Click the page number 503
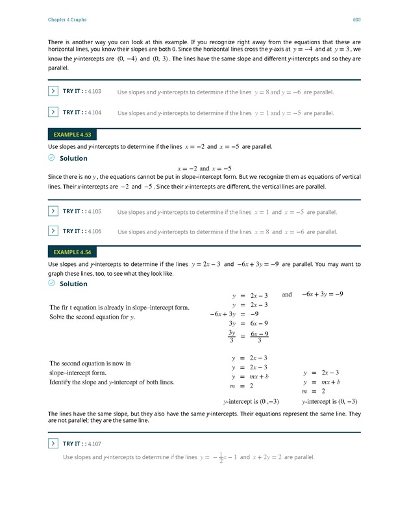pyautogui.click(x=356, y=20)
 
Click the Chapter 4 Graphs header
pyautogui.click(x=68, y=20)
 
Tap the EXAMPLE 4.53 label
pyautogui.click(x=72, y=135)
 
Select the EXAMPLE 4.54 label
pyautogui.click(x=72, y=252)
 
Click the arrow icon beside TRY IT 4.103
pyautogui.click(x=53, y=92)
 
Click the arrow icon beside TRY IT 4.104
pyautogui.click(x=53, y=113)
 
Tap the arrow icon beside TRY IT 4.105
pyautogui.click(x=53, y=211)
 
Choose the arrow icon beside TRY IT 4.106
pyautogui.click(x=53, y=231)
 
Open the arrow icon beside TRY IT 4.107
pyautogui.click(x=53, y=444)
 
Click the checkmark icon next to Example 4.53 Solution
pyautogui.click(x=52, y=158)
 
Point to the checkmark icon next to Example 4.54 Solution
pyautogui.click(x=52, y=284)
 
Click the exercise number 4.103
pyautogui.click(x=94, y=92)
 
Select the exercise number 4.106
pyautogui.click(x=94, y=232)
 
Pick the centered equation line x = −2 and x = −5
pyautogui.click(x=204, y=168)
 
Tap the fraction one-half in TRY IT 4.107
pyautogui.click(x=221, y=458)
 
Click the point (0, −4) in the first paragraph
pyautogui.click(x=127, y=59)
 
